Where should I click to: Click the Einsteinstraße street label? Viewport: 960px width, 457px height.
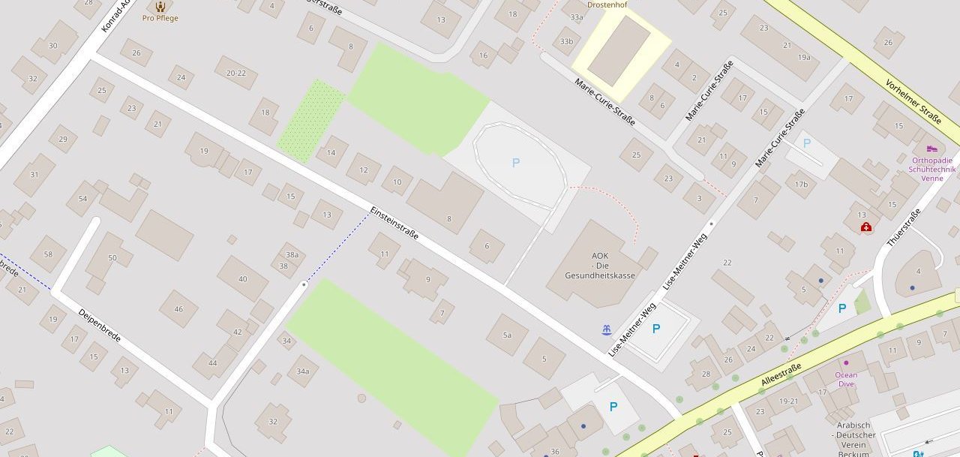[x=393, y=224]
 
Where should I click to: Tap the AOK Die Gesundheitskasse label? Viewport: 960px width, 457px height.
[x=600, y=265]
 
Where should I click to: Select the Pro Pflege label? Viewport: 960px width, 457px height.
[x=160, y=18]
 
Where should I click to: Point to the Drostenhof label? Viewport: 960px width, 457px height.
[x=607, y=5]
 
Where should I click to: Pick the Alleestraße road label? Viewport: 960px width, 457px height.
[x=781, y=374]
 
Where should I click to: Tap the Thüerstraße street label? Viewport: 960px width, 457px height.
[x=903, y=228]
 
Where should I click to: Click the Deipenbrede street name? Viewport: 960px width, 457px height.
[x=99, y=326]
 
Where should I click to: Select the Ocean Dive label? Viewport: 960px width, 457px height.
[x=846, y=379]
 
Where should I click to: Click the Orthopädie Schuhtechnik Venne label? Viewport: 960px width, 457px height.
[x=932, y=169]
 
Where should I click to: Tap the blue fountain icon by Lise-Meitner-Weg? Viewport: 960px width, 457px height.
[x=606, y=329]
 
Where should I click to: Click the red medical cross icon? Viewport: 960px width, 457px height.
[x=866, y=227]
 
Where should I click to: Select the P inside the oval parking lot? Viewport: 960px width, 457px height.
[x=516, y=163]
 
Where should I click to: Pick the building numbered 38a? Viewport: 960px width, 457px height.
[x=291, y=254]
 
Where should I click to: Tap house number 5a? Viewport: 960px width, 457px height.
[x=507, y=335]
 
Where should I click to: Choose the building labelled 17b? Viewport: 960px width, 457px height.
[x=801, y=185]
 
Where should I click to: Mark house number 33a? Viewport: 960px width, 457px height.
[x=577, y=17]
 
